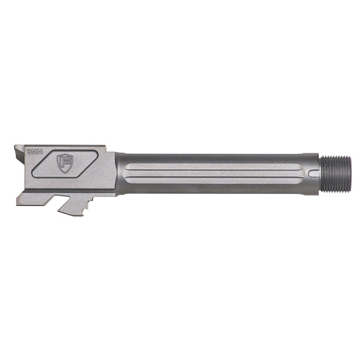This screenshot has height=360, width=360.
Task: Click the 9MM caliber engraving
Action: click(x=34, y=152)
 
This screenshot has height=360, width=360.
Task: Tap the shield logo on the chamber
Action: click(x=65, y=162)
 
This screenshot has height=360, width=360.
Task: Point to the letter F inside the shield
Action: click(x=65, y=162)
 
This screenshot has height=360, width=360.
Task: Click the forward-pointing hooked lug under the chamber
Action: click(x=67, y=206)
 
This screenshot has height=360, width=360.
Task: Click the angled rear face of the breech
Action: click(x=21, y=167)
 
